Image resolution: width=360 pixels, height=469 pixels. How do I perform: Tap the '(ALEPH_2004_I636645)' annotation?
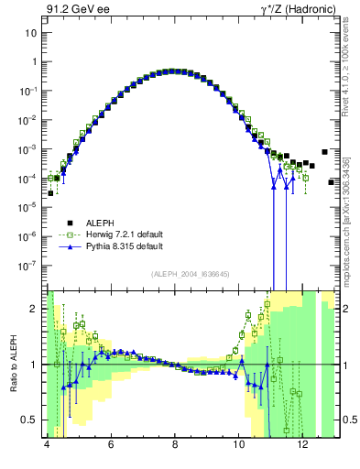[x=190, y=272]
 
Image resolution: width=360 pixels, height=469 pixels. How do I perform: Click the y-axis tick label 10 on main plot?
[x=30, y=33]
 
